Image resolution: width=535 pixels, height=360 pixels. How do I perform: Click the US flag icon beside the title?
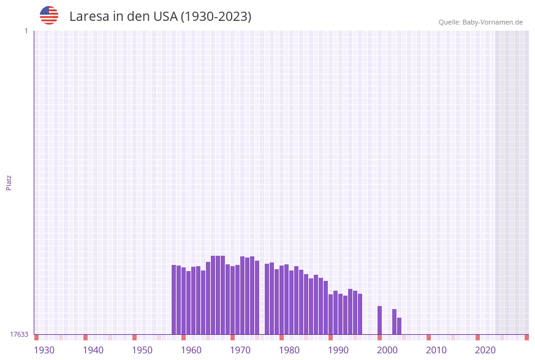click(x=49, y=15)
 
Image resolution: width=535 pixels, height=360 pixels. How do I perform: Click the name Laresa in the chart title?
click(x=89, y=17)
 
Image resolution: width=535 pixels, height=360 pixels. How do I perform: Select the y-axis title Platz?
click(x=9, y=182)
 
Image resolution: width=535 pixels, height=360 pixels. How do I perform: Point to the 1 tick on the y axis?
click(x=26, y=31)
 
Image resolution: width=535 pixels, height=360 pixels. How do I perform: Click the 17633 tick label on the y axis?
click(x=19, y=334)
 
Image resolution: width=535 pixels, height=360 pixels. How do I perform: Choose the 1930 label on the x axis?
click(x=44, y=350)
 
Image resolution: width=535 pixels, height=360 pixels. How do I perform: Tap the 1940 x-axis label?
click(x=93, y=350)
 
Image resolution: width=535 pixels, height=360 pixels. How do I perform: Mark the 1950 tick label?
click(x=142, y=350)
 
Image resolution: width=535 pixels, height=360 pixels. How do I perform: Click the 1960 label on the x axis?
click(x=191, y=350)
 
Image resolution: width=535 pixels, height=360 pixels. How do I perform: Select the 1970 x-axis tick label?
click(x=240, y=350)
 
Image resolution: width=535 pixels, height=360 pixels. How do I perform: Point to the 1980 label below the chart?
click(x=289, y=350)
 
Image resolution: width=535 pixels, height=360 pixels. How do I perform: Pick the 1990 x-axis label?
click(x=338, y=350)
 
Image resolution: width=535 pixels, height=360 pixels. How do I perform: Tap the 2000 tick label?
click(x=387, y=350)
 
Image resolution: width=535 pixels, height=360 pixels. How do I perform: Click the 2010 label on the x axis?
click(x=436, y=350)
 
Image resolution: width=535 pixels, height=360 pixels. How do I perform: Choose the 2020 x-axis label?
click(x=485, y=350)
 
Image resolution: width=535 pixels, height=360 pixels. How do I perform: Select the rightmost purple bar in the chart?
click(x=399, y=326)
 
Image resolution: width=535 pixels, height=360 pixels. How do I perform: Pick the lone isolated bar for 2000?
click(x=379, y=320)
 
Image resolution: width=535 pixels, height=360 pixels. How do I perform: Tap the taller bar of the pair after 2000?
click(x=394, y=321)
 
